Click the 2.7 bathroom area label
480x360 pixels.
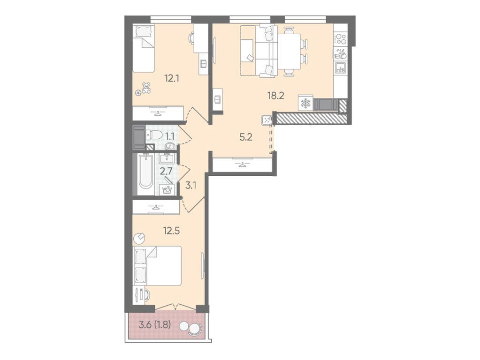[166, 171]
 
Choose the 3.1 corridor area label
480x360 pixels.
[190, 185]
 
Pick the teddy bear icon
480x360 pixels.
[146, 88]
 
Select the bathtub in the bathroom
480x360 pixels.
[145, 174]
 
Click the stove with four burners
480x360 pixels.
[340, 38]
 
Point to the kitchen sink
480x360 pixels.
[340, 68]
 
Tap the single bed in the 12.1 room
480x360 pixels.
[143, 48]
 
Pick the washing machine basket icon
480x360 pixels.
[167, 190]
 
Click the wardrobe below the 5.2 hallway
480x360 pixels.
[242, 165]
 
